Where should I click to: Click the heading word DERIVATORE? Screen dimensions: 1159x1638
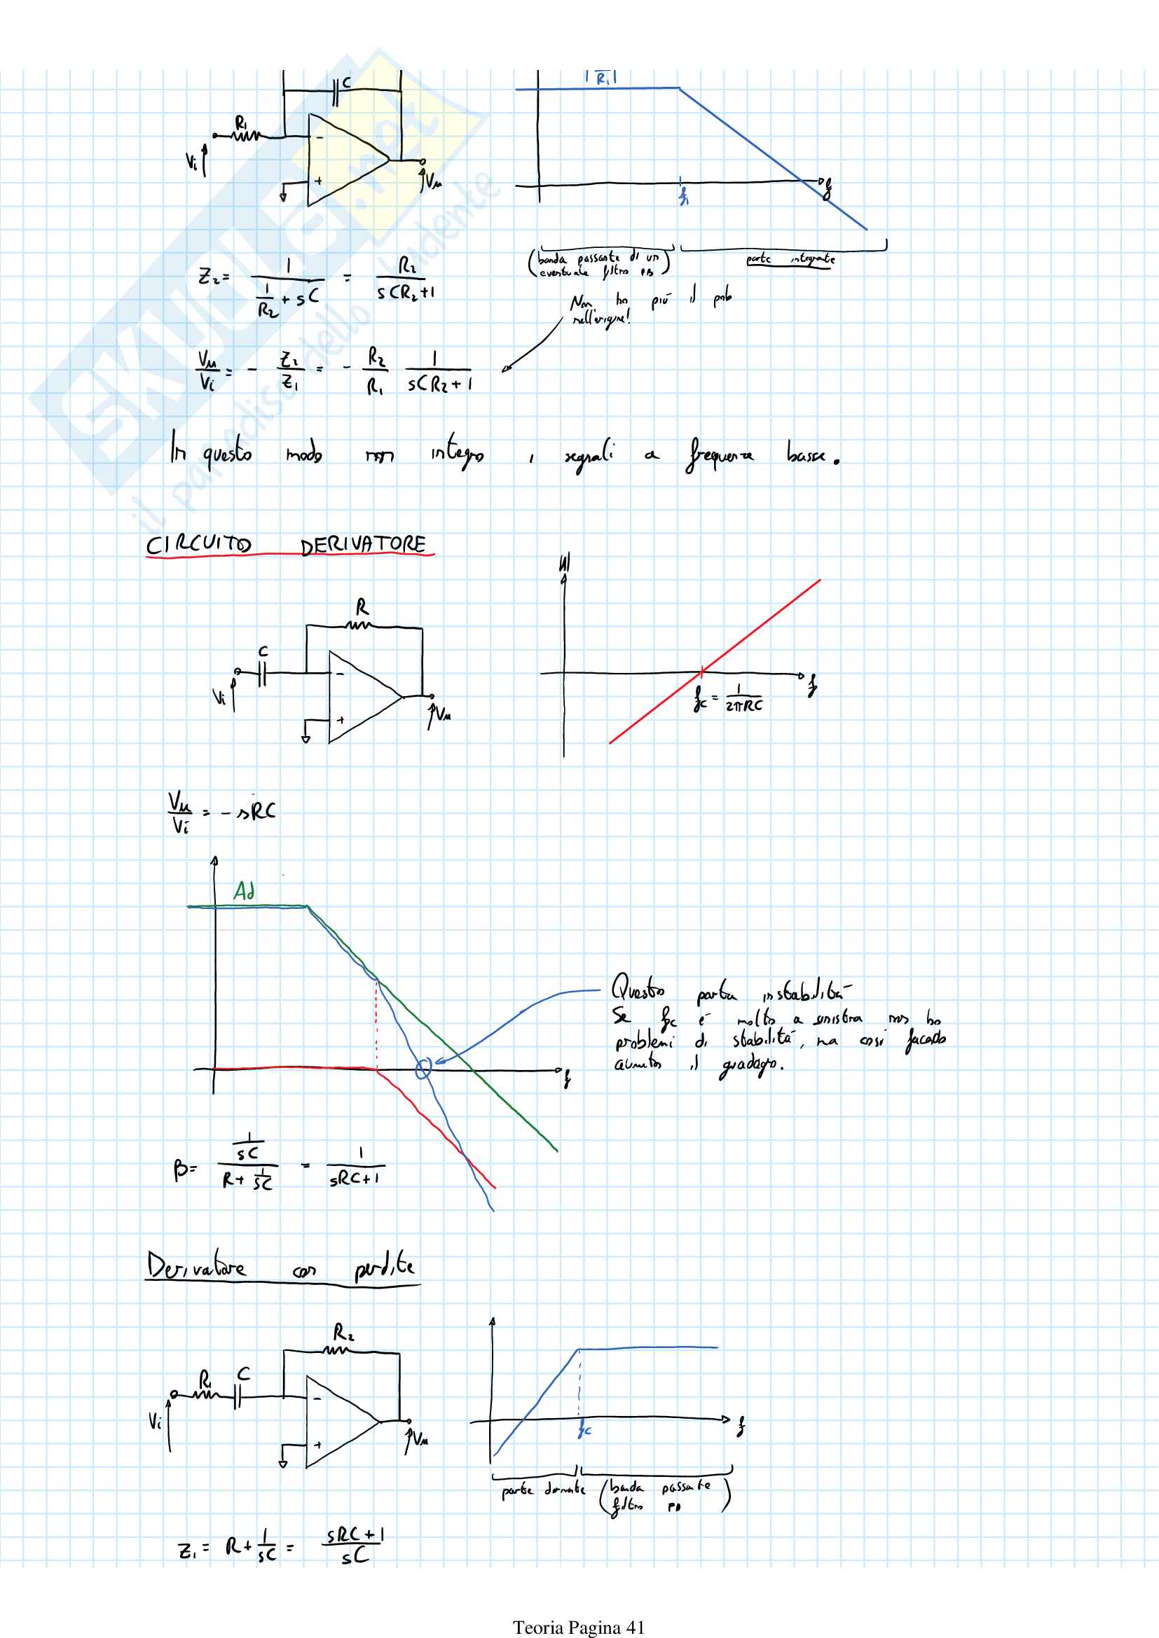tap(362, 545)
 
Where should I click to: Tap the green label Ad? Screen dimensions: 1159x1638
tap(244, 891)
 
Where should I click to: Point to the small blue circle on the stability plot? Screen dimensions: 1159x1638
tap(423, 1069)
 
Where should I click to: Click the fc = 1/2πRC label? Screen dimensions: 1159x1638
tap(728, 697)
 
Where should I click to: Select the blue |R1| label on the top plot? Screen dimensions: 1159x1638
tap(601, 78)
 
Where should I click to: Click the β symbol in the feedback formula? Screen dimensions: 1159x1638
tap(181, 1170)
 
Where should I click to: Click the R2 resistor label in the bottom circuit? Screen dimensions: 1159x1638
tap(343, 1332)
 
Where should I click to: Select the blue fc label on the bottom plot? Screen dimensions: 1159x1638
tap(584, 1430)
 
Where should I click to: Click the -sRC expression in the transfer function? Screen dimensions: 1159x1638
tap(247, 812)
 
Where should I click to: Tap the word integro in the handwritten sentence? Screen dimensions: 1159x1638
tap(457, 453)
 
